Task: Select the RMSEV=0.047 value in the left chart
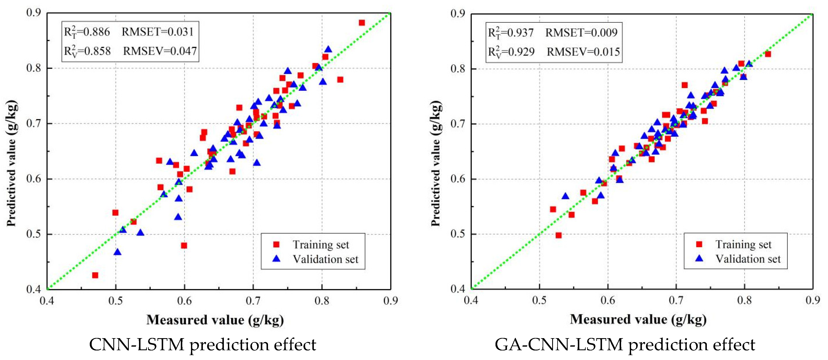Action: pyautogui.click(x=160, y=51)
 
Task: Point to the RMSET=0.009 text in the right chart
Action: pyautogui.click(x=581, y=32)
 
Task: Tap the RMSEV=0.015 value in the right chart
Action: pyautogui.click(x=583, y=52)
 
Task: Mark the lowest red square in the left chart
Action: pyautogui.click(x=95, y=275)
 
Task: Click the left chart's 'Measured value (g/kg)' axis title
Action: pyautogui.click(x=215, y=320)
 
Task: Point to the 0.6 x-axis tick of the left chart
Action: pyautogui.click(x=184, y=301)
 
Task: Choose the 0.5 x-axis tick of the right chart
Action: pyautogui.click(x=539, y=301)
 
